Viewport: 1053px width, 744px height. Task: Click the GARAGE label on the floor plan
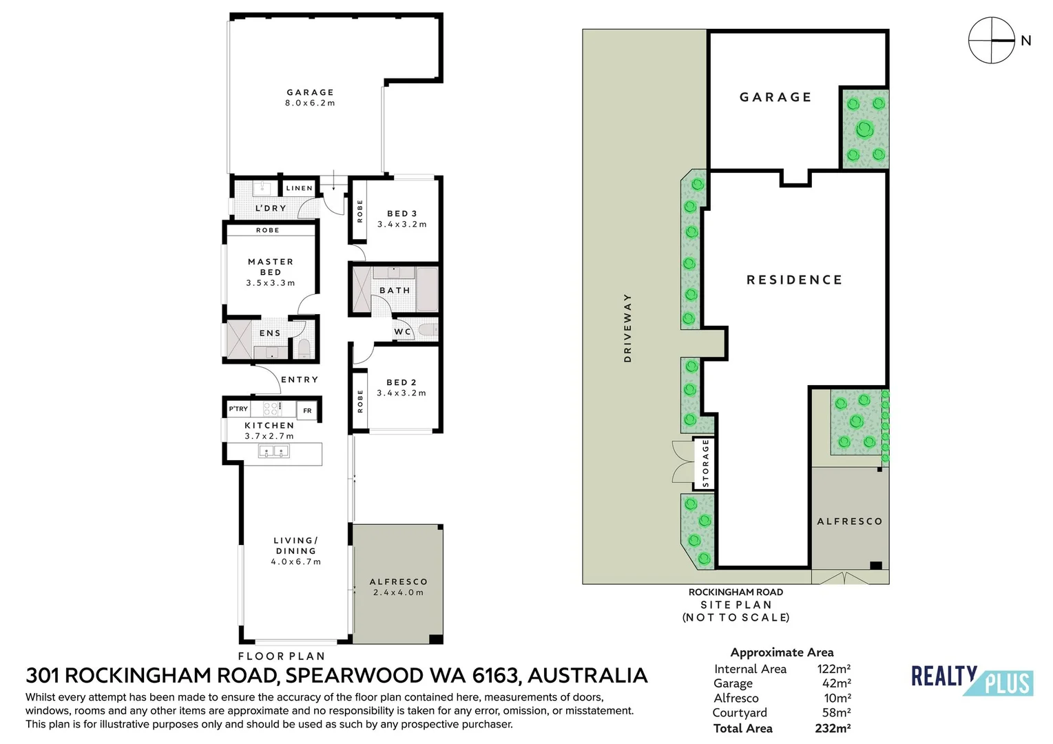coord(311,92)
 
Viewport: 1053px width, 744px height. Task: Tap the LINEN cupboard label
coord(300,188)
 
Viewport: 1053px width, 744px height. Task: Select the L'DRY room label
coord(271,208)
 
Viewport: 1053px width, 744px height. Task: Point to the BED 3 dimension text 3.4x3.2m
coord(402,225)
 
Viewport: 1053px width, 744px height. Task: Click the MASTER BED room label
coord(271,267)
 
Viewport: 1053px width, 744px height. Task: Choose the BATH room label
coord(395,291)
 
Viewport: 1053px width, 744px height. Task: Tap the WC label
coord(402,331)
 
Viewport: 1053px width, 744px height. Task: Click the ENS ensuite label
coord(270,333)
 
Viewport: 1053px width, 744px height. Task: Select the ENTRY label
coord(300,380)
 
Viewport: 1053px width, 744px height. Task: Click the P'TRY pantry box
coord(238,409)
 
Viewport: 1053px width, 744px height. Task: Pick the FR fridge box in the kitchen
coord(307,411)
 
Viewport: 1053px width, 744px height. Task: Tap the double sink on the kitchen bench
coord(273,451)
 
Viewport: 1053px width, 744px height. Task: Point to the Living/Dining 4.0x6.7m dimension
coord(295,561)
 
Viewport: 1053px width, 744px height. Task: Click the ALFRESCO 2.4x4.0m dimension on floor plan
coord(398,592)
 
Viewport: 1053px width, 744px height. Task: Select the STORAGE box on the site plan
coord(705,463)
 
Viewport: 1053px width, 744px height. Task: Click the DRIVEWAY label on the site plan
coord(627,328)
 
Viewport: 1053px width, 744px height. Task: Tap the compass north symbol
coord(992,41)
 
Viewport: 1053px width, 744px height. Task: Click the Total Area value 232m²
coord(833,728)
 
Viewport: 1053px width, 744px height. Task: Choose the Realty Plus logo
coord(972,680)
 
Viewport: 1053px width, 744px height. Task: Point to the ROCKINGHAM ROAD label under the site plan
coord(736,592)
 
